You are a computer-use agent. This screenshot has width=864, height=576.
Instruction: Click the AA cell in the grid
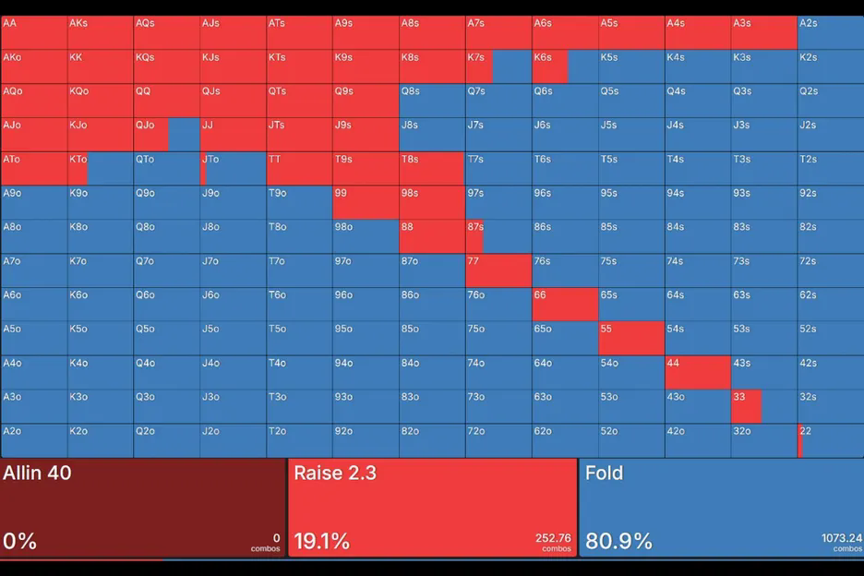click(x=33, y=32)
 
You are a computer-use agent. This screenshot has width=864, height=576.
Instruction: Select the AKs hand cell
click(x=100, y=32)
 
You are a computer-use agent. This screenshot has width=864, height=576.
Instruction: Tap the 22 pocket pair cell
click(x=831, y=440)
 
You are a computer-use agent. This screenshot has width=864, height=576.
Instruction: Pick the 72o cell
click(x=498, y=440)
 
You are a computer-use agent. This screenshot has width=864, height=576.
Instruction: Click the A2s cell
click(x=831, y=32)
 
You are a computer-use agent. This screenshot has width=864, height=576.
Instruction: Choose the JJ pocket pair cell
click(x=233, y=134)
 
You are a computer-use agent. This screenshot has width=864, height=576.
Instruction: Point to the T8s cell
click(x=432, y=168)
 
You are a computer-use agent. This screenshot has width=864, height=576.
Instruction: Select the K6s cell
click(x=565, y=66)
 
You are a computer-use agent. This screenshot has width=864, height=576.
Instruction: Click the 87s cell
click(x=498, y=236)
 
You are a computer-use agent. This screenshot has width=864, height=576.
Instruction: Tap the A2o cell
click(x=33, y=440)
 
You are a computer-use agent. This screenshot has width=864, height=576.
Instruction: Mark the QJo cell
click(x=166, y=134)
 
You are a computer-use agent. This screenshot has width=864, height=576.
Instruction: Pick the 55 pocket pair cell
click(x=631, y=338)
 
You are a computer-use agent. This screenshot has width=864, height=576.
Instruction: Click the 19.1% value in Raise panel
click(x=321, y=541)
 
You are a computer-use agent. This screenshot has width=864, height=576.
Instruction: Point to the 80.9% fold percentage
click(x=618, y=541)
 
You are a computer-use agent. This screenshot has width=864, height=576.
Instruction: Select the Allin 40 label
click(x=37, y=474)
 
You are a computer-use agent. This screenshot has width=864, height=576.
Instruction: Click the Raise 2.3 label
click(x=334, y=474)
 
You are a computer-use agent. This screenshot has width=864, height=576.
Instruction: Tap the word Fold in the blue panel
click(x=604, y=474)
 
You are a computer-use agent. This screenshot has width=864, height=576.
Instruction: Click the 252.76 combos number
click(x=553, y=538)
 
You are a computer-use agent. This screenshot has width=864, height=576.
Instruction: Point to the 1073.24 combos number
click(x=841, y=538)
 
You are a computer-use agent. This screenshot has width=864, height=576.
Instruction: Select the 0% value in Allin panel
click(x=19, y=541)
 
